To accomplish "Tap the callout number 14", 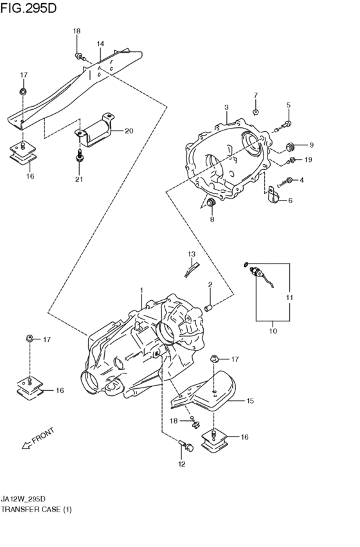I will (x=100, y=44).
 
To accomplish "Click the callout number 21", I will (x=79, y=179).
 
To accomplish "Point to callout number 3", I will (x=226, y=107).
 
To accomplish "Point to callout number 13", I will (x=191, y=255).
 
